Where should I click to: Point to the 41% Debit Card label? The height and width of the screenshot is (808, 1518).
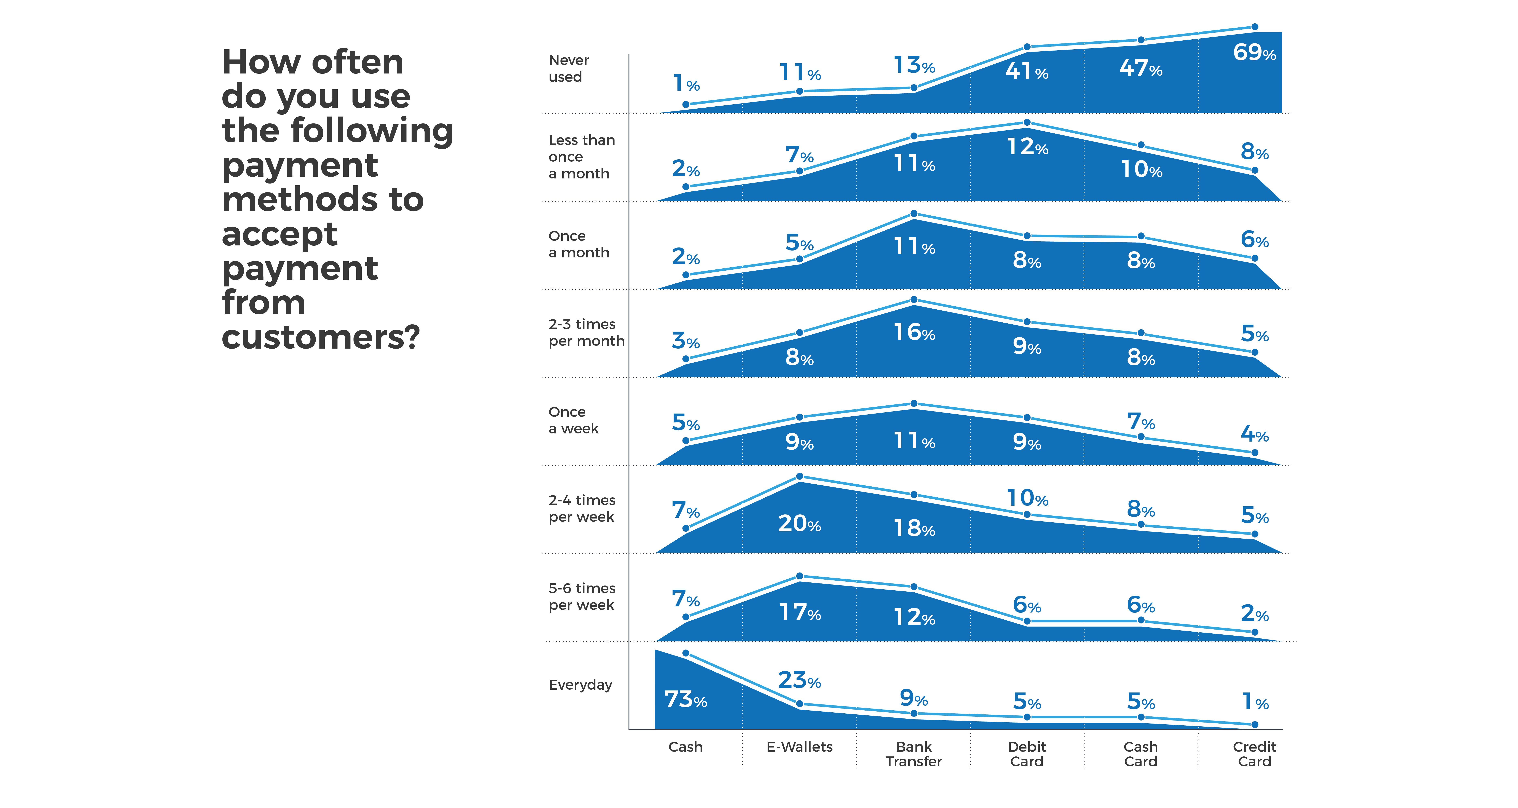click(x=1026, y=71)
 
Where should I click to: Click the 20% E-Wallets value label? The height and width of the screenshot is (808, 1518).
click(x=799, y=523)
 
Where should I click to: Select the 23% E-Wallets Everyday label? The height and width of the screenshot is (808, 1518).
click(x=799, y=681)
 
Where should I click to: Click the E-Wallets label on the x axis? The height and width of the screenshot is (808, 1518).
click(x=799, y=747)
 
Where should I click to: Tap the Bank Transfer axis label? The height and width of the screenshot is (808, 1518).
click(x=913, y=754)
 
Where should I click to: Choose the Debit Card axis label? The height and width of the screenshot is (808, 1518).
click(x=1026, y=754)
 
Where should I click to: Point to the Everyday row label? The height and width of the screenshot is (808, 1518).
click(x=580, y=685)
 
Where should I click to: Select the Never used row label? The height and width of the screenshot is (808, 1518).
click(x=569, y=68)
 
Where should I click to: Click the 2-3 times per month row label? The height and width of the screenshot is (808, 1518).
click(x=586, y=332)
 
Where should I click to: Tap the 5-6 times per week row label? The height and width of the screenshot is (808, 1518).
click(x=582, y=596)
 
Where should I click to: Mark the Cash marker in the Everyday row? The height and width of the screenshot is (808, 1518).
click(x=685, y=653)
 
